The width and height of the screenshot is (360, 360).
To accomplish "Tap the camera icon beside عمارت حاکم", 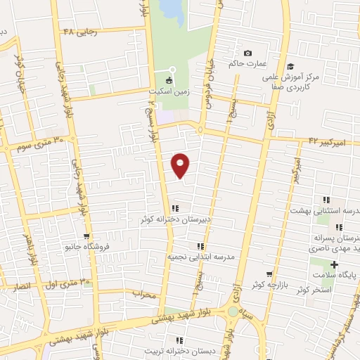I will point(247,53).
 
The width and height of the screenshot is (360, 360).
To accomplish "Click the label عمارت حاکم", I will point(247,64).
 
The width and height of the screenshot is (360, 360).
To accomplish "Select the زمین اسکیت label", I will point(167,91).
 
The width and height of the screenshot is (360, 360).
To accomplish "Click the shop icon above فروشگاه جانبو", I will point(86,236).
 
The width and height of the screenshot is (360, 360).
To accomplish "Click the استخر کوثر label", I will point(314,289).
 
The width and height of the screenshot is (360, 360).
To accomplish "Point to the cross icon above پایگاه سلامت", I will point(334,265).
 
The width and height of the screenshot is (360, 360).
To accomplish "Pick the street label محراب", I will point(143,295).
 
